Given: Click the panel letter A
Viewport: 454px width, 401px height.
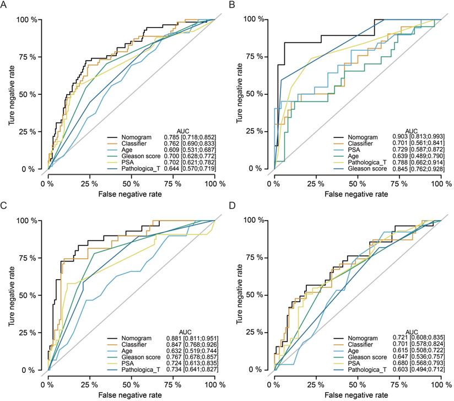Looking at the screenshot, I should (x=5, y=5).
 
